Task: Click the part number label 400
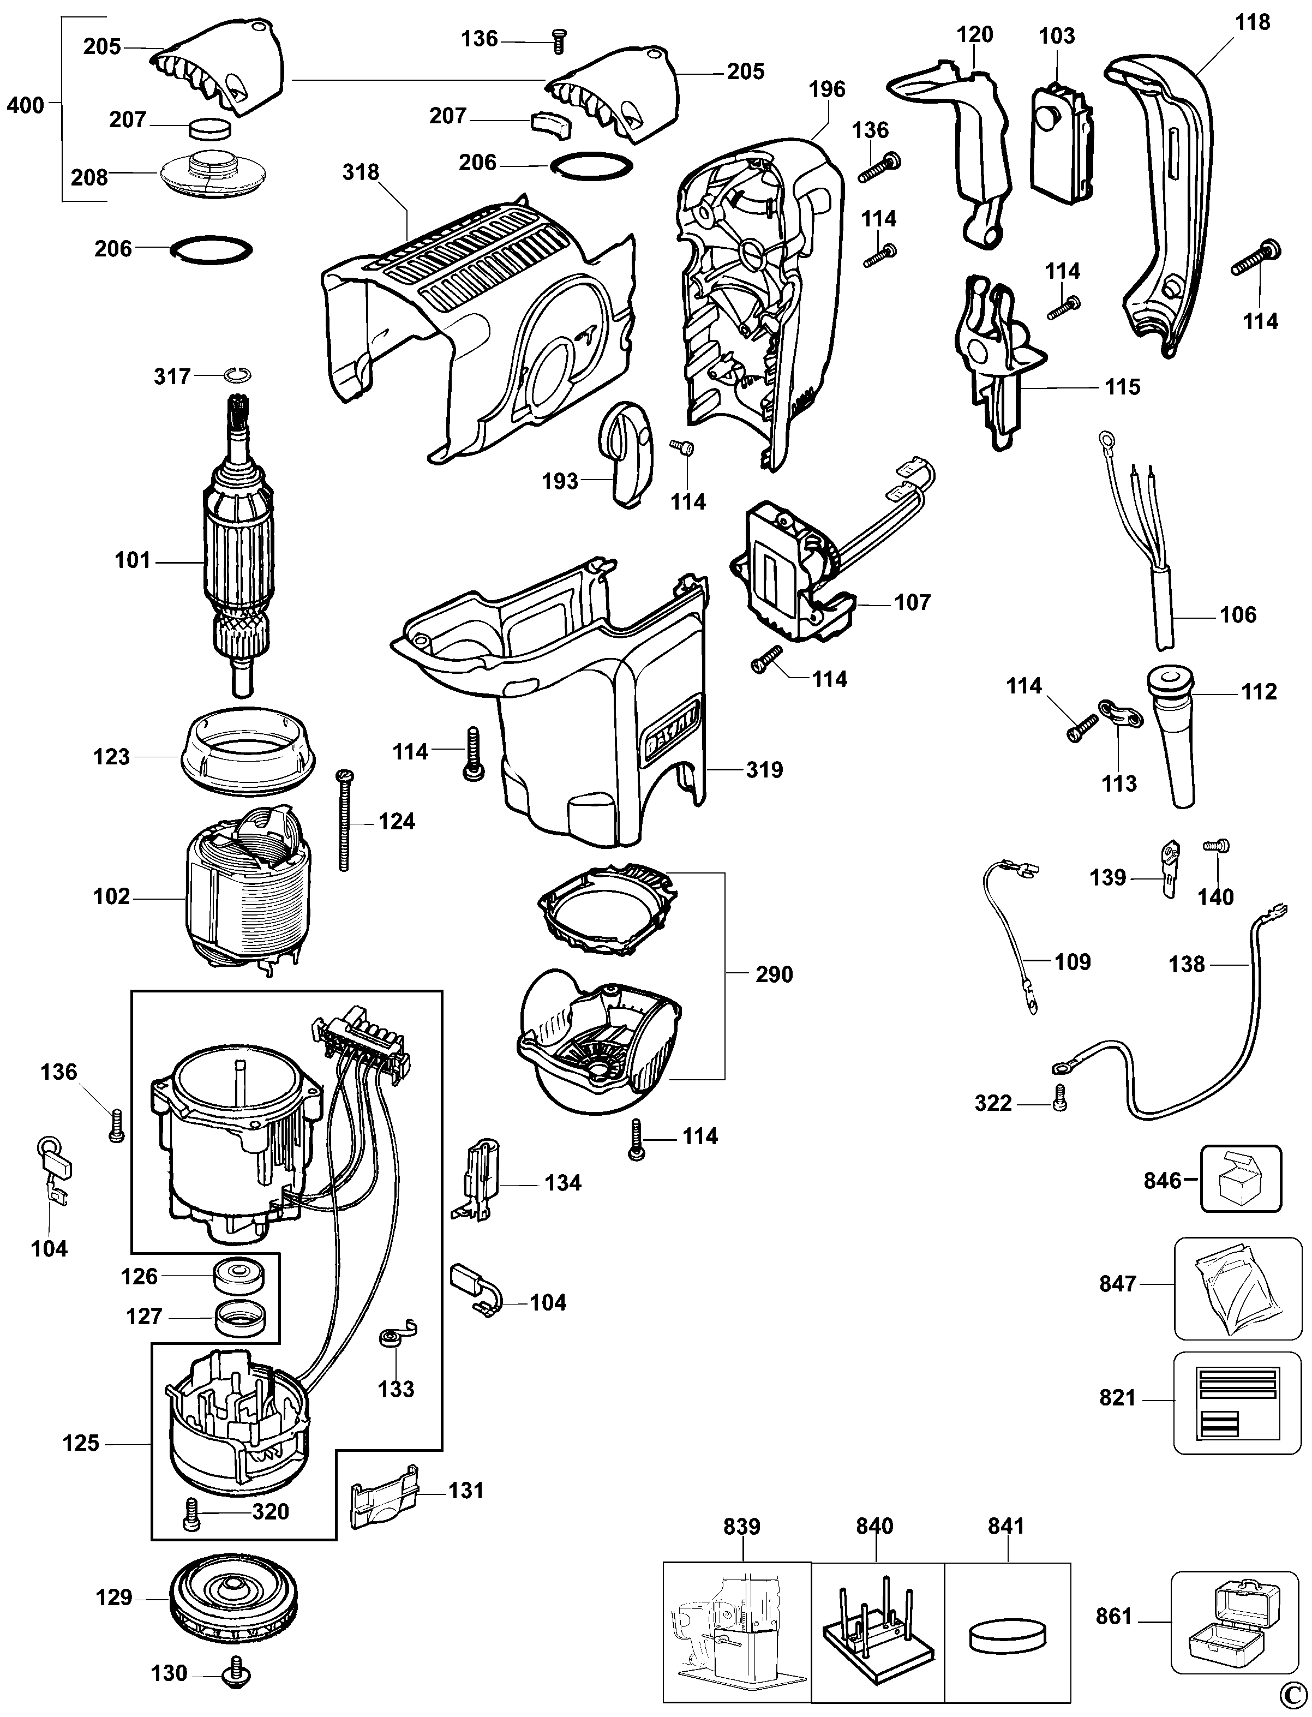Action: pos(25,105)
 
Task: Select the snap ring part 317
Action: pos(237,376)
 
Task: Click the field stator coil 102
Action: pos(248,899)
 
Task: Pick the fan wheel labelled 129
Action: pos(234,1598)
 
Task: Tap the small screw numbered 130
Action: pos(231,1674)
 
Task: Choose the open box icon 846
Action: pos(1241,1180)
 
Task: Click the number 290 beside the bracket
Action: pos(774,974)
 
